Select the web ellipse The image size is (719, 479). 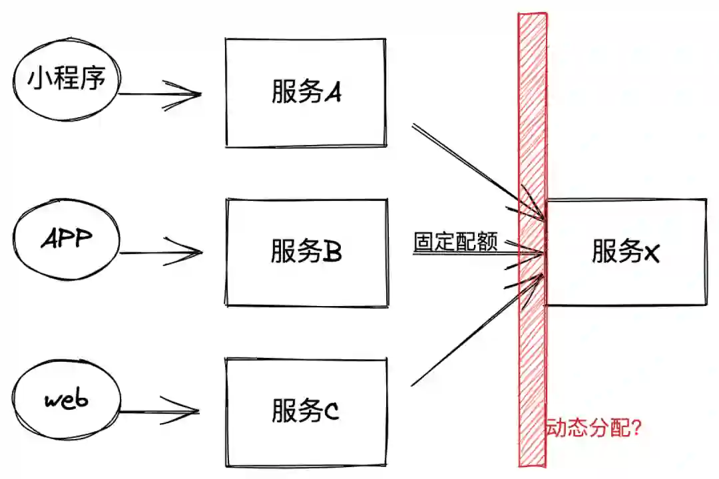(x=67, y=400)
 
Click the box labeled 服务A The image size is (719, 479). (x=306, y=92)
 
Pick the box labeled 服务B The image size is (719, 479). (x=306, y=253)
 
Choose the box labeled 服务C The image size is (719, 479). (x=306, y=411)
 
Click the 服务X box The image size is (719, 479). (x=626, y=252)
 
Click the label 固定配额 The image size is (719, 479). (x=456, y=241)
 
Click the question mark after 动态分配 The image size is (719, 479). (x=634, y=428)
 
